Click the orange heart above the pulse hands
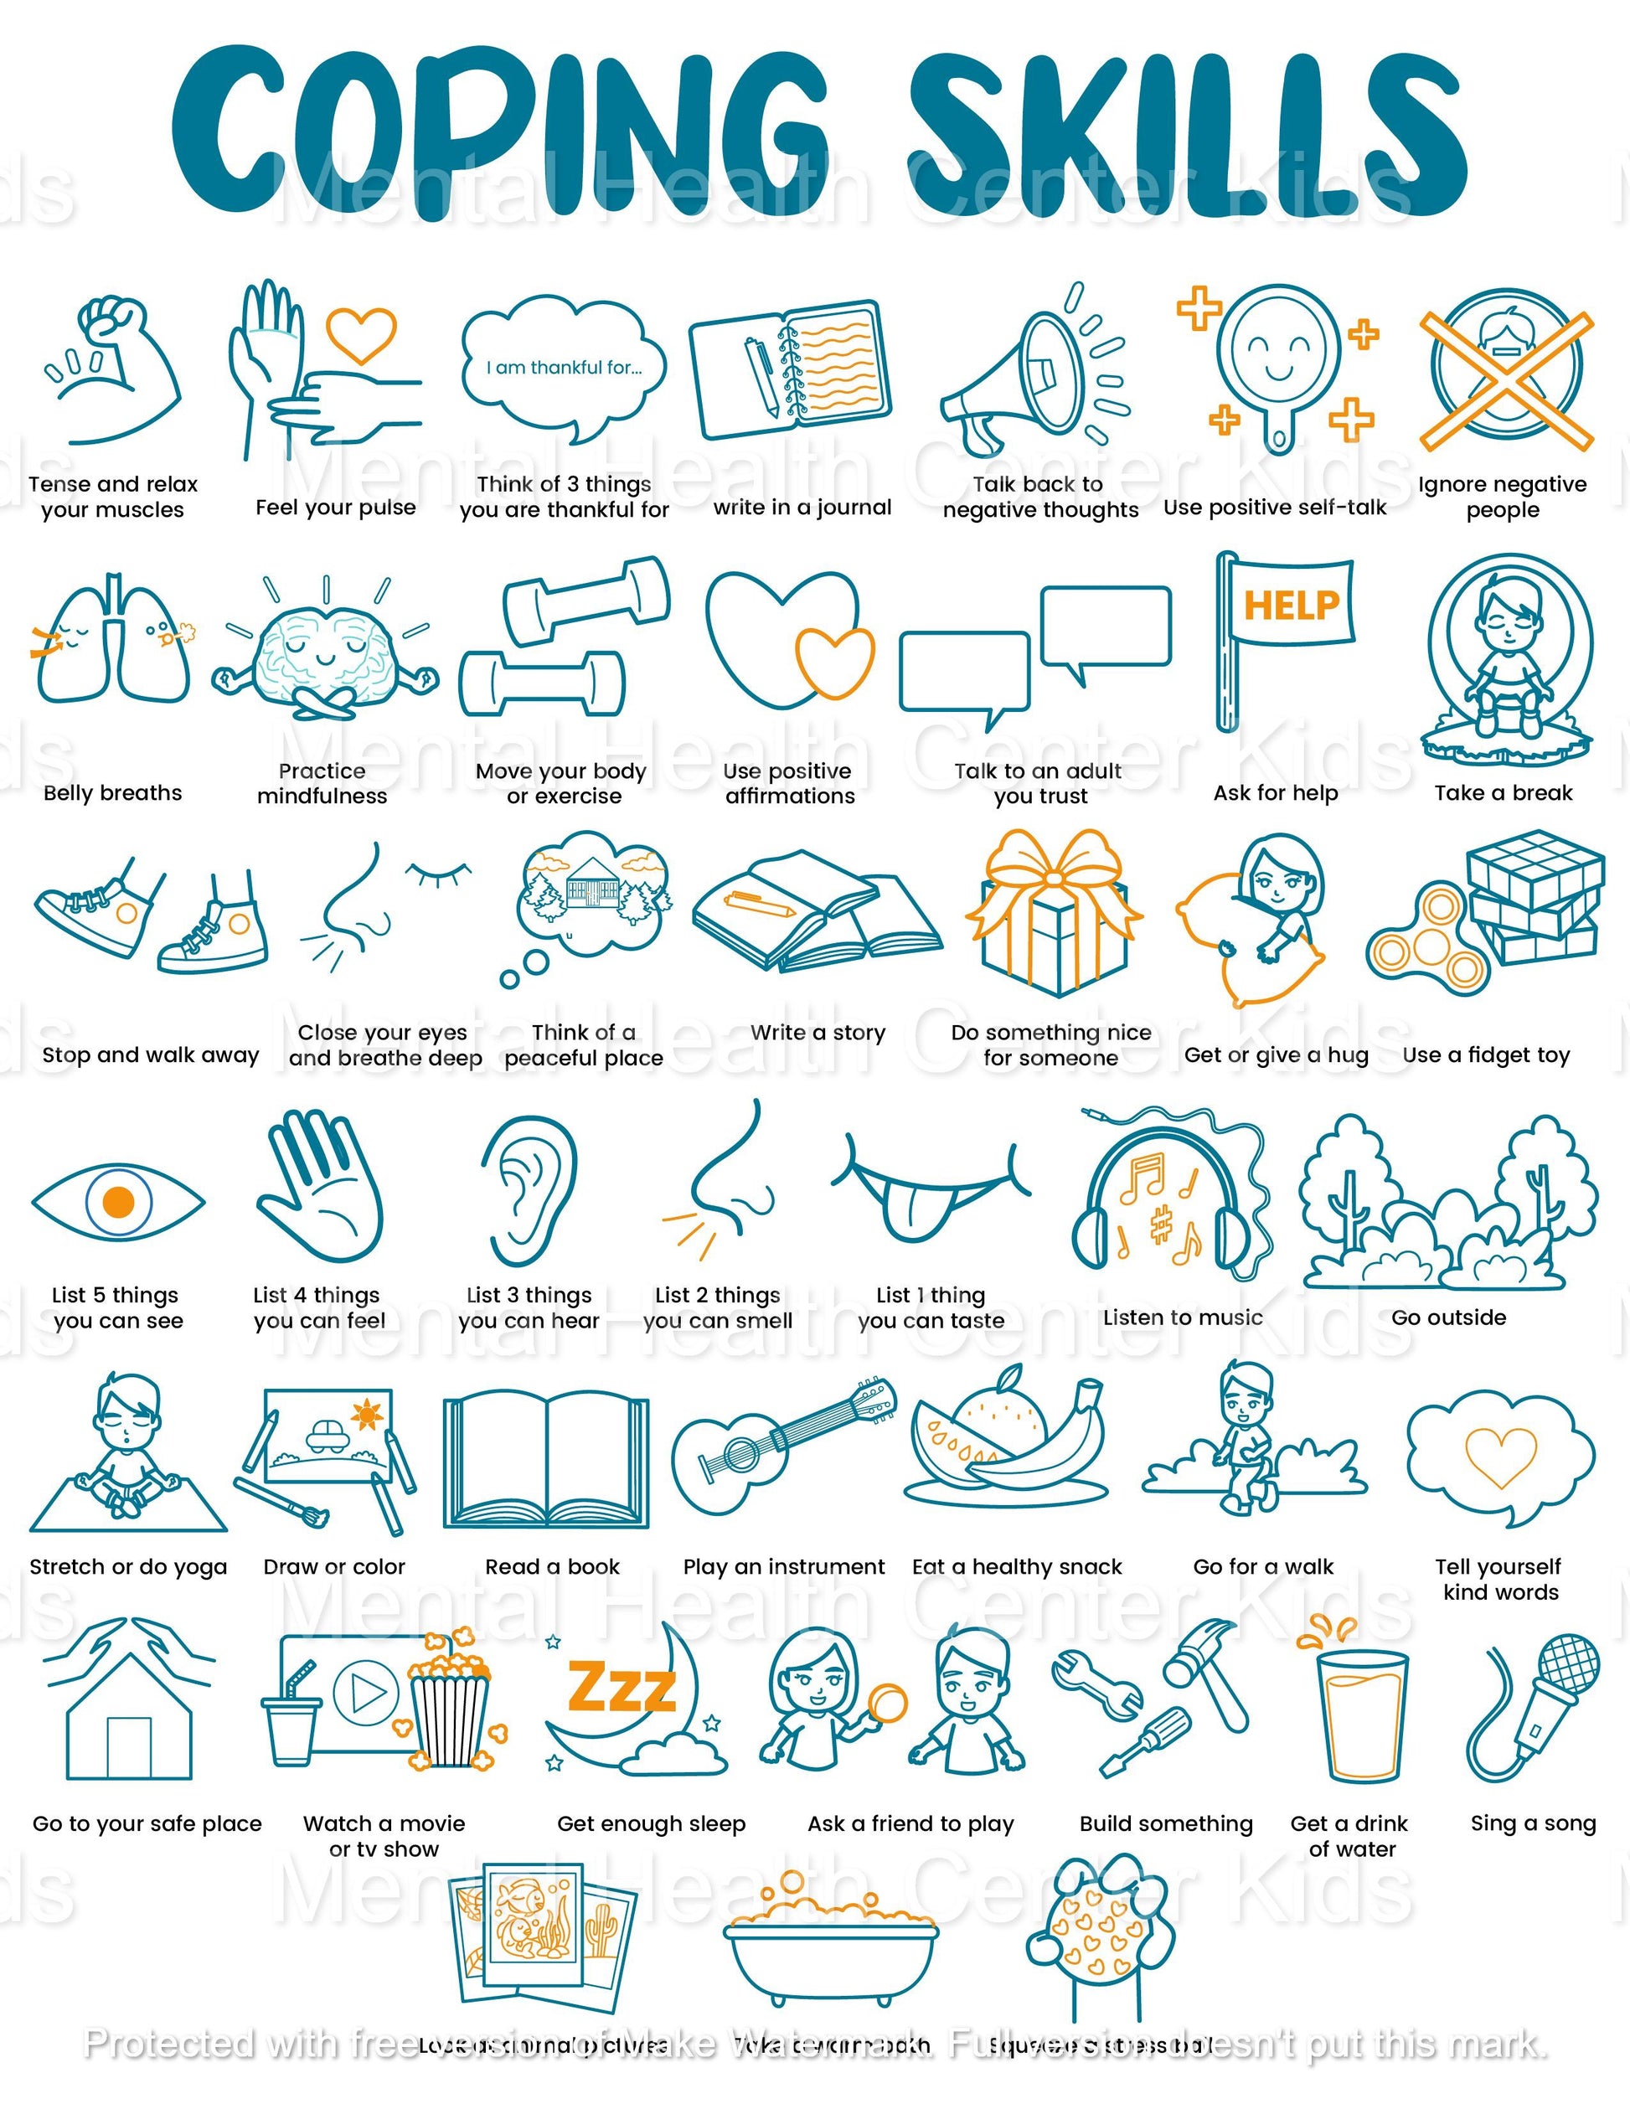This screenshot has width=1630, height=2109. pos(360,334)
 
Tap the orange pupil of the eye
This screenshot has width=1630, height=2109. pos(118,1201)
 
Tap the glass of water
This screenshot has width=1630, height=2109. pos(1363,1714)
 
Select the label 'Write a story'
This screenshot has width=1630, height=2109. pos(817,1032)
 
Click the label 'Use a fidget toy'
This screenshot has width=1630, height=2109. pos(1485,1054)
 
